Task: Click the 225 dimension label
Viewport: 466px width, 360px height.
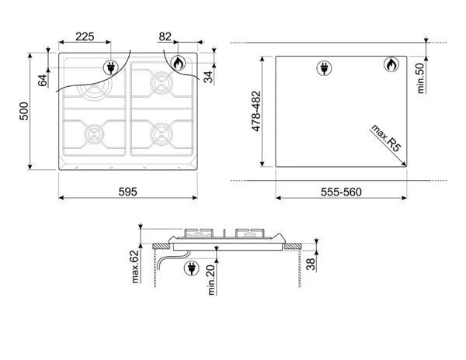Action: [x=85, y=36]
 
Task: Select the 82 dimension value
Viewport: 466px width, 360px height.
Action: [x=165, y=36]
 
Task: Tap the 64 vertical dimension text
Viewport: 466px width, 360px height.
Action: [x=43, y=81]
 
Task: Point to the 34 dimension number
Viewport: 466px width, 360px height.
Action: [x=209, y=77]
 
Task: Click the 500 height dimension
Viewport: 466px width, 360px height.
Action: [x=24, y=111]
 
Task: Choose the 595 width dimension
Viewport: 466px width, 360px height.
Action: [x=128, y=192]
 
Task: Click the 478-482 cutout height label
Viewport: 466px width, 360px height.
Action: [x=256, y=111]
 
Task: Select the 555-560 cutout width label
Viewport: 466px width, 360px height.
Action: [x=341, y=192]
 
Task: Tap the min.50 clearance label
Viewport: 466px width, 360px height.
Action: [x=421, y=78]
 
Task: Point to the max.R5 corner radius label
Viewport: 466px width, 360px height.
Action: [x=386, y=138]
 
